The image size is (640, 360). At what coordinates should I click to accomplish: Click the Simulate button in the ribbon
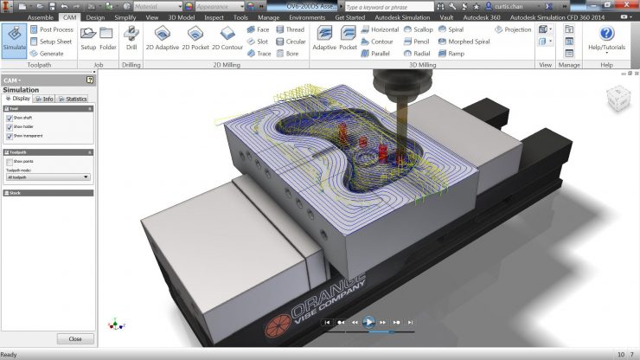[x=14, y=39]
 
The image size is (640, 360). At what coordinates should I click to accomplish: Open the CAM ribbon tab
[x=70, y=16]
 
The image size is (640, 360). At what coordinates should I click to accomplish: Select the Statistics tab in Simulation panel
[x=73, y=99]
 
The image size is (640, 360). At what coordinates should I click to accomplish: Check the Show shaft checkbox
[x=9, y=118]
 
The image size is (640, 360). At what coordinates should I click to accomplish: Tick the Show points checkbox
[x=9, y=161]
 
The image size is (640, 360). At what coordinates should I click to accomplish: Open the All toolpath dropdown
[x=48, y=177]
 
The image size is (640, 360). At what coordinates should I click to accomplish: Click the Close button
[x=75, y=338]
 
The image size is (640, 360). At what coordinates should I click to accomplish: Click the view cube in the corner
[x=619, y=99]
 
